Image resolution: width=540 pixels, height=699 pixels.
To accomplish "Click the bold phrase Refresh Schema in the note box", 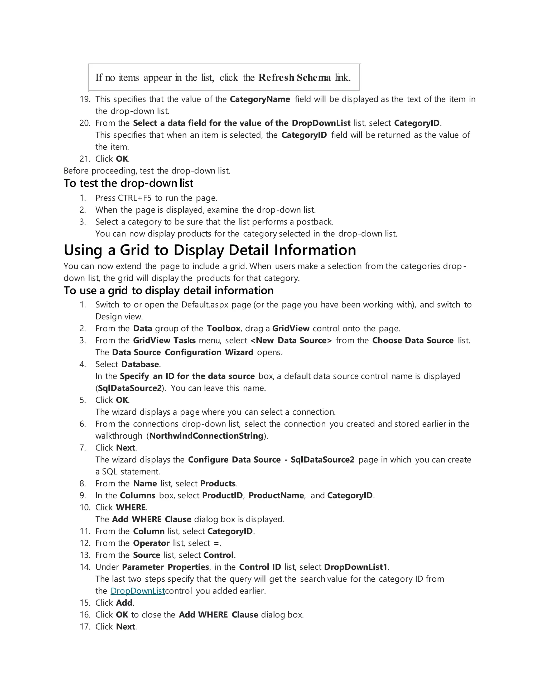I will click(295, 78).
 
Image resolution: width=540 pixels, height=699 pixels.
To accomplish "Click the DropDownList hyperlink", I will click(138, 591).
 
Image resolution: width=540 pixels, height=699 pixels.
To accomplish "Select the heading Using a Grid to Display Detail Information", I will click(210, 250).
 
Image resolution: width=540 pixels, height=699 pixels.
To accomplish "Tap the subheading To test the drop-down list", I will click(128, 183).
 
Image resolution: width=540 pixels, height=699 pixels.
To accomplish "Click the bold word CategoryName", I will click(260, 99).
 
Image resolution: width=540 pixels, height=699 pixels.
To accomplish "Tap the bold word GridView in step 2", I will click(291, 329).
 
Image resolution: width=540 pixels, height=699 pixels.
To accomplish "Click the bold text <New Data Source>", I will click(291, 341).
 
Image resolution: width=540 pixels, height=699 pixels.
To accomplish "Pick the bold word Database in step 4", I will click(140, 365).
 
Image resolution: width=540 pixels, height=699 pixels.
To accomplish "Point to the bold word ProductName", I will click(276, 495).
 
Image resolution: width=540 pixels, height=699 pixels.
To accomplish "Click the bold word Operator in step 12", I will click(151, 543).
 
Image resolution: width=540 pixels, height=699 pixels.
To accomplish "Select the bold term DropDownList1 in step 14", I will click(356, 567).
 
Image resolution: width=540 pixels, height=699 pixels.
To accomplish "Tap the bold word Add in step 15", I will click(124, 603).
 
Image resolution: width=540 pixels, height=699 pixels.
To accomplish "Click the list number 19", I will click(85, 99).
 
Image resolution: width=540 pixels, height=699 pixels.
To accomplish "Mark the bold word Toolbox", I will click(223, 329).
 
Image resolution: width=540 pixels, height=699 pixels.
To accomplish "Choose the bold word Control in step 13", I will click(219, 555).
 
